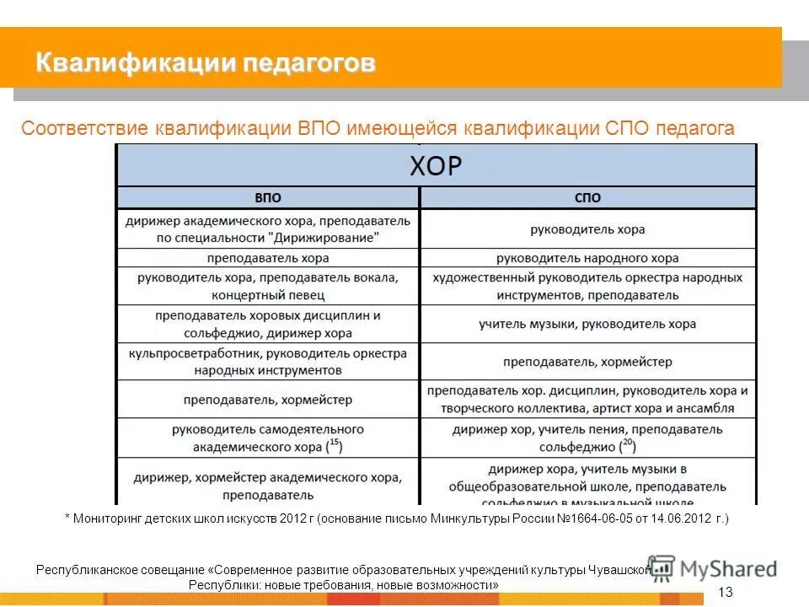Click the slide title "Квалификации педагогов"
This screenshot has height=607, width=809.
(x=206, y=63)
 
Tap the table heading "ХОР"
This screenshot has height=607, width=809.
(x=436, y=166)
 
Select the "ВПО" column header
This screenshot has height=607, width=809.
(x=267, y=198)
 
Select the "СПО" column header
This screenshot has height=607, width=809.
(x=587, y=198)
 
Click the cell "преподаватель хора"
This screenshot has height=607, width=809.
(x=267, y=258)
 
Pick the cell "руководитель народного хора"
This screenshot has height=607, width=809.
(x=587, y=258)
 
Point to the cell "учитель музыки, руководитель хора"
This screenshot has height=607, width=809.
(x=587, y=324)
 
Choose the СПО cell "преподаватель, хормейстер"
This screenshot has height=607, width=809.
(x=587, y=362)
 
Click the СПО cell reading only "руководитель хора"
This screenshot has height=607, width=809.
(x=587, y=228)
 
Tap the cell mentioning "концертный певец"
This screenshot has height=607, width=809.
(x=267, y=287)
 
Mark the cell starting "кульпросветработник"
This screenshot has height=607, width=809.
(x=267, y=362)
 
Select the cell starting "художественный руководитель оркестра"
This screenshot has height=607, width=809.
(x=587, y=287)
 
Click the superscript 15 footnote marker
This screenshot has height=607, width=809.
(x=334, y=441)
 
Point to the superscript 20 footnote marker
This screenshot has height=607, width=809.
(x=627, y=441)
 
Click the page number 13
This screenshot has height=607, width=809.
(x=726, y=589)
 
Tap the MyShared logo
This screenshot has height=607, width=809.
(x=712, y=569)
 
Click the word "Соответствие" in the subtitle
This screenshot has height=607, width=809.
(x=85, y=129)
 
